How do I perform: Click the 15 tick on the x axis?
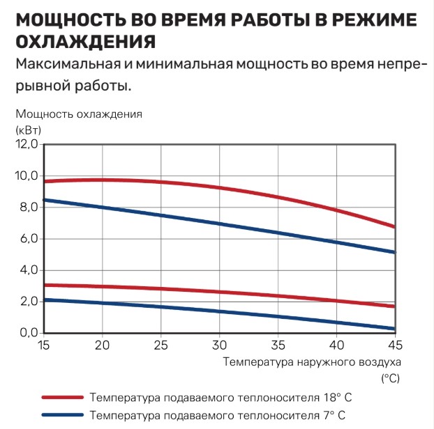[x=43, y=346]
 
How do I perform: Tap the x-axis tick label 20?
[x=103, y=346]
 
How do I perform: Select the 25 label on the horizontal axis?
[x=161, y=346]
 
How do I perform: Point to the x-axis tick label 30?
[x=220, y=346]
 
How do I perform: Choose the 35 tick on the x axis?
[x=278, y=346]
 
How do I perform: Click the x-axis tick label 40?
[x=337, y=346]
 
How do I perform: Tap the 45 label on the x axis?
[x=396, y=346]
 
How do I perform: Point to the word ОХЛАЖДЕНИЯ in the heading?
[x=84, y=41]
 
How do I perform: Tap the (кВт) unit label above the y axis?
[x=28, y=129]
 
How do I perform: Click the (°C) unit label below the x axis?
[x=390, y=378]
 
